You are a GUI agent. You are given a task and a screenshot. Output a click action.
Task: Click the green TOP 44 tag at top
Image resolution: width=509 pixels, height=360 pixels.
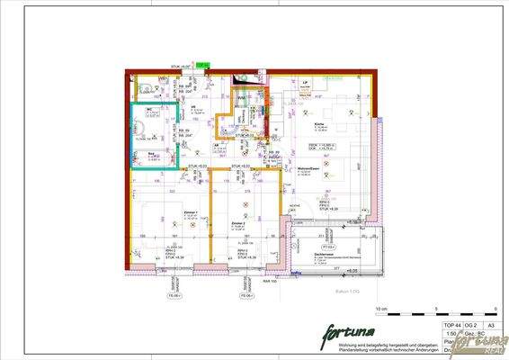202,64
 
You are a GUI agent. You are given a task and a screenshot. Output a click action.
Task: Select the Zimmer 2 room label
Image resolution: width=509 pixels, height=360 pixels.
237,220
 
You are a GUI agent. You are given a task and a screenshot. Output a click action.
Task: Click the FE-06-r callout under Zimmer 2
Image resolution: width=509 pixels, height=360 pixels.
243,294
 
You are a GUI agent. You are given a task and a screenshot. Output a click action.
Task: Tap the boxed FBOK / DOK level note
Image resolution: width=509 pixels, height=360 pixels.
323,145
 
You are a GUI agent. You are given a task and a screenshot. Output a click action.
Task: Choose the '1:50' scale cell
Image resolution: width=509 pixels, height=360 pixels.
450,331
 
